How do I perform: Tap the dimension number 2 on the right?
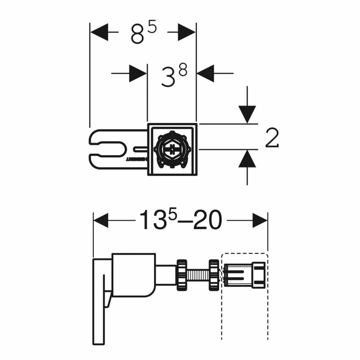pos(272,138)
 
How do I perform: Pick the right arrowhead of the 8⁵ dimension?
pos(187,32)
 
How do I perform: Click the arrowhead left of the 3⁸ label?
pos(138,73)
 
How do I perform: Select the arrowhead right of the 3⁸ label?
pos(206,73)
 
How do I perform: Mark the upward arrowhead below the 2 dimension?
pos(247,159)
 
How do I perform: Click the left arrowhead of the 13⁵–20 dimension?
pos(101,220)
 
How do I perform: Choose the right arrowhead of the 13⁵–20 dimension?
pos(260,220)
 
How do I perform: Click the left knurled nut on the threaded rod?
pos(182,275)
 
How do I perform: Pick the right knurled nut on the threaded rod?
pos(214,275)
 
